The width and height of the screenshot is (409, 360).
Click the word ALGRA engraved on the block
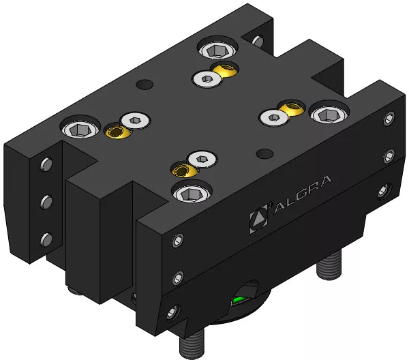[302, 194]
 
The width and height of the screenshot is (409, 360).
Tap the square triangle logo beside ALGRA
[258, 219]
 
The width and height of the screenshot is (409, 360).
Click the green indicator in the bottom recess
[239, 300]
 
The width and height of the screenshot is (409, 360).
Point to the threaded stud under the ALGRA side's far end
[329, 264]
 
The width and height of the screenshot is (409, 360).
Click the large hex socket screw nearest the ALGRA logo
[192, 193]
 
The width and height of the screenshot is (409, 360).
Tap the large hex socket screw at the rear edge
[218, 49]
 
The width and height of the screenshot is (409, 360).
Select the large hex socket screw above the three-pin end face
[80, 127]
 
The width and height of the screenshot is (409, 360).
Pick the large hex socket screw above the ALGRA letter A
[329, 113]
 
